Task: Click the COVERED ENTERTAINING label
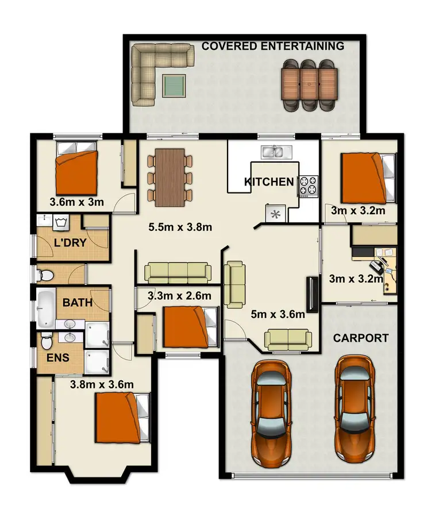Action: click(272, 46)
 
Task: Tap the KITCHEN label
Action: click(268, 182)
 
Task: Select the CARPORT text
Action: click(360, 338)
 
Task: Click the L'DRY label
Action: click(70, 242)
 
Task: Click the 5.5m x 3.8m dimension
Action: click(180, 227)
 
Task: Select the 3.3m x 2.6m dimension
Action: click(179, 296)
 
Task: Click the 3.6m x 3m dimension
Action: click(76, 202)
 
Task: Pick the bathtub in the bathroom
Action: click(47, 308)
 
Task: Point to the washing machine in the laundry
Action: click(61, 221)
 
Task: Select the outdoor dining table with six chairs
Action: click(309, 84)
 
